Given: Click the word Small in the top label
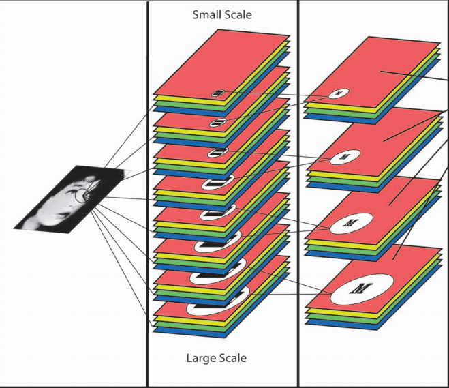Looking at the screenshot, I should coord(207,14).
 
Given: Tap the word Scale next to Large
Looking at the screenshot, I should coord(232,357).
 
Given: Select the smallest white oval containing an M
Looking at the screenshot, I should coord(339,93).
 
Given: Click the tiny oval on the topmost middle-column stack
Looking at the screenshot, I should coord(217,93).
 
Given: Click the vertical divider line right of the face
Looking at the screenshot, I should coord(148,205).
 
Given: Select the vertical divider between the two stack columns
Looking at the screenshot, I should coord(298,205).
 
